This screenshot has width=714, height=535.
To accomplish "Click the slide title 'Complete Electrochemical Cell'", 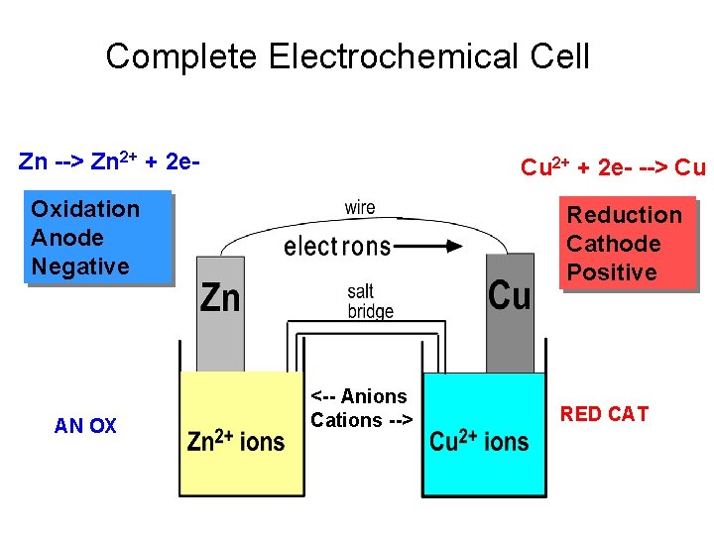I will coord(347,56).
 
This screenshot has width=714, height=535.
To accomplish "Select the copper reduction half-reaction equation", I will coord(613,166).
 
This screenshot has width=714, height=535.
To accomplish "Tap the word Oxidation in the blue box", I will coord(85,209).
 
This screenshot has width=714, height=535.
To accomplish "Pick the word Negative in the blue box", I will coord(80,267).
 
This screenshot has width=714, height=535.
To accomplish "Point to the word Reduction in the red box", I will coord(624,215).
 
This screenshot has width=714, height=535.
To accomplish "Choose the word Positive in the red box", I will coord(612,272).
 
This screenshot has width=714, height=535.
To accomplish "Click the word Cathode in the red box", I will coord(613,244).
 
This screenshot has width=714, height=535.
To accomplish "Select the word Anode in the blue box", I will coord(67,238).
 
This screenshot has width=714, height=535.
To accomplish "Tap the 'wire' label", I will coord(360,208).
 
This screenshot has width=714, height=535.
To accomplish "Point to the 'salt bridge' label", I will coord(370,301).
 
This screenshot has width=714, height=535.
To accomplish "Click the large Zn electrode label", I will coord(220,297).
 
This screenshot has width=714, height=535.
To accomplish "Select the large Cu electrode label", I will coord(510,295).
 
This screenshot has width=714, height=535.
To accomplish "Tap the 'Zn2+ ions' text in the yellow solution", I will coord(236,440).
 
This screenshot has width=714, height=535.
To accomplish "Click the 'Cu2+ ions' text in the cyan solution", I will coord(479,440).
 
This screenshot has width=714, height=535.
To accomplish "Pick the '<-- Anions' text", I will coord(359,396).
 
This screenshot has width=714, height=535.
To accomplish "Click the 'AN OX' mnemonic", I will coord(85,426).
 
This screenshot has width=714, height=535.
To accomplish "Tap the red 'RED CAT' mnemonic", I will coord(604,414).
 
